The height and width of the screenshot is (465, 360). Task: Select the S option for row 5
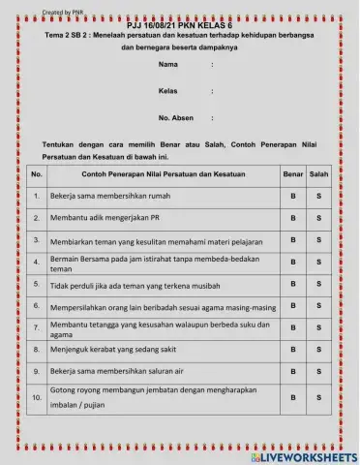pyautogui.click(x=318, y=285)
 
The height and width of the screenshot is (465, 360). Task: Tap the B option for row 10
pyautogui.click(x=292, y=397)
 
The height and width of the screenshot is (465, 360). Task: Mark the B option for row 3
pyautogui.click(x=292, y=240)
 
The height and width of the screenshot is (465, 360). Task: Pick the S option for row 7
pyautogui.click(x=318, y=328)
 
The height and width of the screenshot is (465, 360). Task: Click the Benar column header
pyautogui.click(x=292, y=174)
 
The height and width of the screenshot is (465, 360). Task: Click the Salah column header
pyautogui.click(x=318, y=174)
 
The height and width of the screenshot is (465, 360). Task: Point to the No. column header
pyautogui.click(x=37, y=174)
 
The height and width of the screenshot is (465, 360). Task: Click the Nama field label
pyautogui.click(x=168, y=65)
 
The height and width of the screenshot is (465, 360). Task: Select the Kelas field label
pyautogui.click(x=168, y=91)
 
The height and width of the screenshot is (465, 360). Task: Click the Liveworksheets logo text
pyautogui.click(x=303, y=456)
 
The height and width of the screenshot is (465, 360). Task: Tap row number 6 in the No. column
pyautogui.click(x=37, y=307)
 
